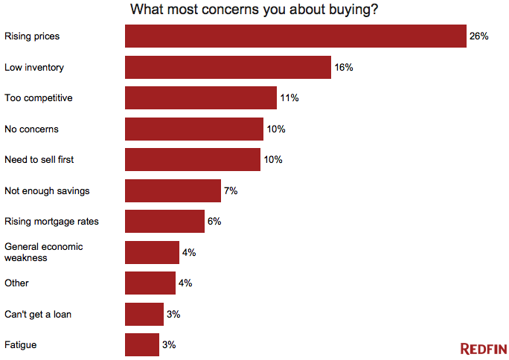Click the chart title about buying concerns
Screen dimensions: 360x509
(x=254, y=10)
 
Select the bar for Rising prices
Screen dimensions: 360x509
(x=295, y=36)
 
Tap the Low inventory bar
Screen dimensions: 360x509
(x=228, y=67)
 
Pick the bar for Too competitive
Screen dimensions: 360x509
(x=201, y=98)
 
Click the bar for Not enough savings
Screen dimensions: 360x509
(x=173, y=190)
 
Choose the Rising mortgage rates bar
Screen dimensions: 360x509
(x=164, y=222)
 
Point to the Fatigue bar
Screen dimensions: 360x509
(x=142, y=345)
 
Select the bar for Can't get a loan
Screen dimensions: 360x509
(x=144, y=314)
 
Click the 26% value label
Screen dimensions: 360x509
(x=478, y=36)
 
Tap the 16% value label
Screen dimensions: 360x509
(x=343, y=68)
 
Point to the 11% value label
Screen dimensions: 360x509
(x=289, y=98)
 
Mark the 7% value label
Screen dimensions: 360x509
(x=231, y=191)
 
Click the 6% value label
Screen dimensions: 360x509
(x=214, y=222)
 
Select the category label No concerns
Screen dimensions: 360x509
(x=31, y=129)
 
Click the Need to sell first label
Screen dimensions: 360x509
(x=39, y=160)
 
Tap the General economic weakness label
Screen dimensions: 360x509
(x=43, y=252)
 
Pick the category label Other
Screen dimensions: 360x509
(x=16, y=283)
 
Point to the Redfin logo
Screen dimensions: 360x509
(x=482, y=348)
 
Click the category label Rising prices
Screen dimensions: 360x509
(x=32, y=36)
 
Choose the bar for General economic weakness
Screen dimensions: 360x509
(x=152, y=252)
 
